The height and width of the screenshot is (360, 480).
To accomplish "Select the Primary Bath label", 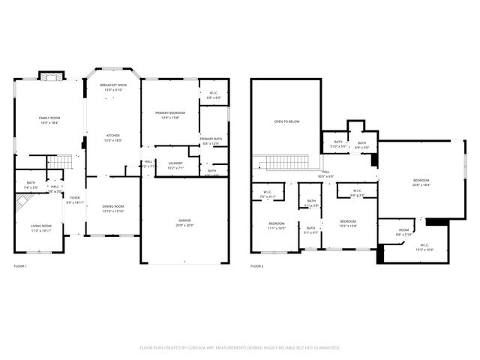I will click(x=211, y=140).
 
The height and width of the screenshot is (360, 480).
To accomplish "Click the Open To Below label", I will click(x=287, y=121).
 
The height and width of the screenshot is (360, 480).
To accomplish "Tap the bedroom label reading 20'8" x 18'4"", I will click(x=421, y=182).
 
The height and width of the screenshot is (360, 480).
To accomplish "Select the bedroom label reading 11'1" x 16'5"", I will click(x=277, y=226).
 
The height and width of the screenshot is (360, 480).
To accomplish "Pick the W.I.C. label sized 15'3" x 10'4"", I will click(x=424, y=247).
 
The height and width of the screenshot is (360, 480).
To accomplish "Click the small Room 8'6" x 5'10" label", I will click(x=404, y=232).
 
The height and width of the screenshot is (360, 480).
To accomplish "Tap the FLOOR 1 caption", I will click(x=20, y=266).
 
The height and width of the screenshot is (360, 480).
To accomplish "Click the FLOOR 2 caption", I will click(x=257, y=266).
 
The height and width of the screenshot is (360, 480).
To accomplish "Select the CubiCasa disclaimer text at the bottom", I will click(x=240, y=348).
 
